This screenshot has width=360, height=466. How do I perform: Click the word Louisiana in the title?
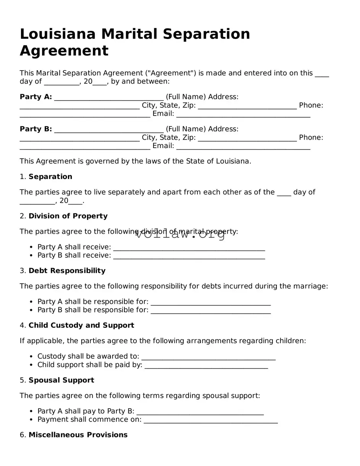pos(57,34)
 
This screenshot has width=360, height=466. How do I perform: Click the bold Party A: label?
pos(36,97)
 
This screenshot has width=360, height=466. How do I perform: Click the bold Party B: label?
pos(36,129)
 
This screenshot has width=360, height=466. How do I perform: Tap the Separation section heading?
pos(50,177)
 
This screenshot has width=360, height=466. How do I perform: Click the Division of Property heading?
pos(68,216)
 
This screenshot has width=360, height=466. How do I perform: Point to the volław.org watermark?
pos(180,234)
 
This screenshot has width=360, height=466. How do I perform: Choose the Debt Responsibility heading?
pos(67,271)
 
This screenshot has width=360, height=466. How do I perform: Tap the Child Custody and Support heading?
pos(81,326)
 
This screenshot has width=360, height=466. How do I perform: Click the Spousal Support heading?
pos(61,380)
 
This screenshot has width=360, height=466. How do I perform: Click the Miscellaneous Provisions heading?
pos(78,435)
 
